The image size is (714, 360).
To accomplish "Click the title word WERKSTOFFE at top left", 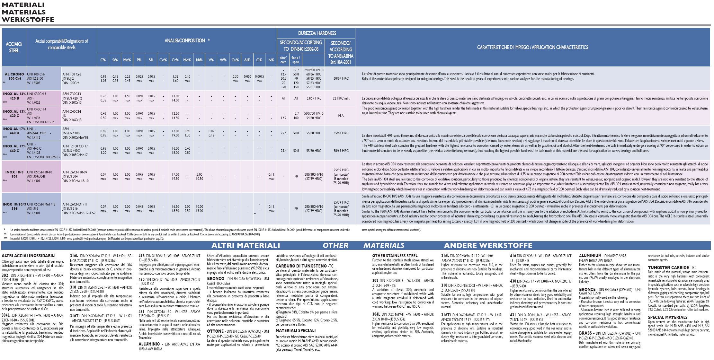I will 28,20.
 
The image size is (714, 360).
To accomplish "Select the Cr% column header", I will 175,60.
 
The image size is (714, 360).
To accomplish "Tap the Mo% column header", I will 187,60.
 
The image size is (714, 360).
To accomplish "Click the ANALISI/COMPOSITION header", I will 187,41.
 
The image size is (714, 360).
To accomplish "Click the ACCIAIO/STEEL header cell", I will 14,47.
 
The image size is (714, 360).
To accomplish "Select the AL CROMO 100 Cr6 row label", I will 14,76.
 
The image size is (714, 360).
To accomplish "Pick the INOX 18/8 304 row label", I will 14,174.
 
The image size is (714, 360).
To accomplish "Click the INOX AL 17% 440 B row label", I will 14,131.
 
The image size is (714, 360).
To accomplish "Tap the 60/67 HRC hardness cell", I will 341,78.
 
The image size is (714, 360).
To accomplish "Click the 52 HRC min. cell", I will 341,98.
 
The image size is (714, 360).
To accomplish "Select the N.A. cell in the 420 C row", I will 341,116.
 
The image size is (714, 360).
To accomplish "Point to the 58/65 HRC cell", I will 341,151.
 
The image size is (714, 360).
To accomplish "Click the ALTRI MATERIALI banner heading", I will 245,246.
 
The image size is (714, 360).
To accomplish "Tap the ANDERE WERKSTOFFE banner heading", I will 488,246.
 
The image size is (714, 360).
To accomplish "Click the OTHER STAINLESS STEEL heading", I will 395,256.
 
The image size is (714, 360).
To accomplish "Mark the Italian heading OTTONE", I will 215,331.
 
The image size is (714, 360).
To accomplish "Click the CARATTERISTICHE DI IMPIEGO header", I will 532,47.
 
